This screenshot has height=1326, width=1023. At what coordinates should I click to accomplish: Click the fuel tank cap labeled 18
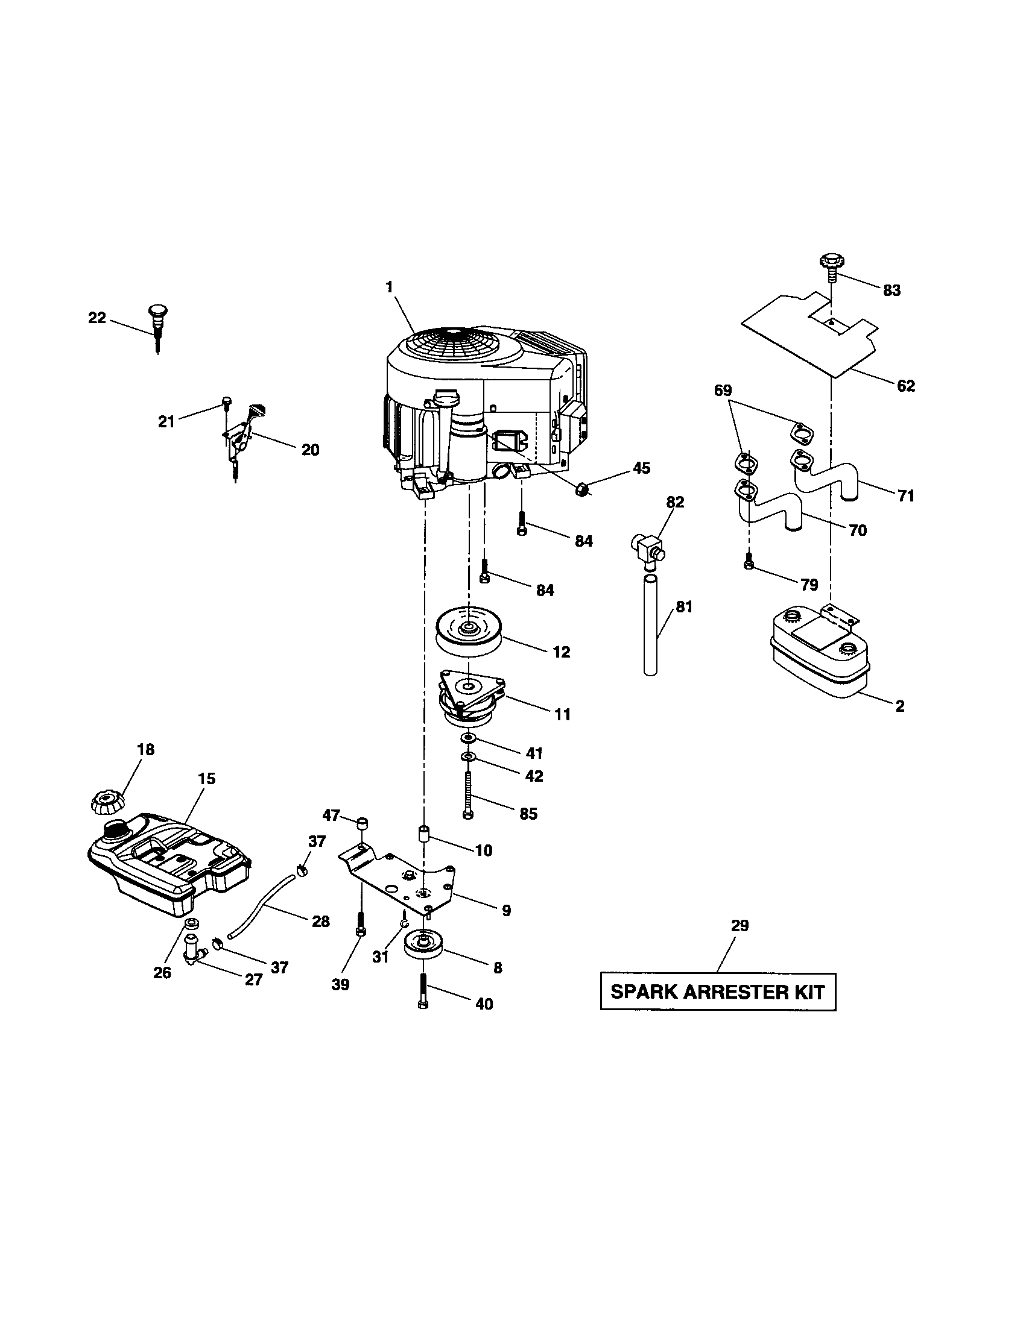[107, 803]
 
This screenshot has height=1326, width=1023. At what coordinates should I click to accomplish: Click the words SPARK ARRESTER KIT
[717, 992]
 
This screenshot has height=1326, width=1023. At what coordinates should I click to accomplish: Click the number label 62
[905, 386]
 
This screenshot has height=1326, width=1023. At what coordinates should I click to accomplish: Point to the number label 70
[858, 530]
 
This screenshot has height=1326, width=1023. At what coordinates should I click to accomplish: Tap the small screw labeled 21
[226, 402]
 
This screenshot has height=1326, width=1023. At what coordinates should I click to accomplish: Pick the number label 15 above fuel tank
[206, 778]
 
